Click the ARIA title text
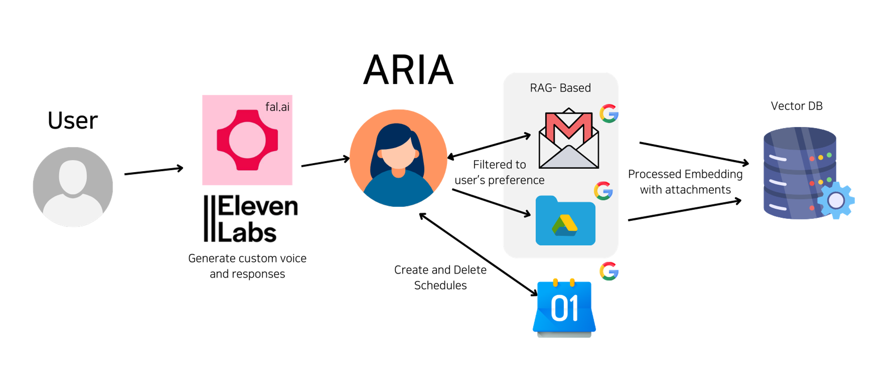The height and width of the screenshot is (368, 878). tap(408, 70)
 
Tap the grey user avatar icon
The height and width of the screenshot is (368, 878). tap(73, 187)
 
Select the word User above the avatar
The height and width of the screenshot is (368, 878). tap(73, 120)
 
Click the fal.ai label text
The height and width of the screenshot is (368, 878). tap(277, 107)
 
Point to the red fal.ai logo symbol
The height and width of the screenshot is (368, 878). tap(247, 140)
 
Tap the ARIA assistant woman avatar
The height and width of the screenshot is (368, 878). tap(398, 158)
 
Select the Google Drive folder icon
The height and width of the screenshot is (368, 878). tap(565, 221)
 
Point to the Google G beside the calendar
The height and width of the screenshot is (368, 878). tap(609, 271)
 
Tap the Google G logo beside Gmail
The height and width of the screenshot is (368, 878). tap(609, 113)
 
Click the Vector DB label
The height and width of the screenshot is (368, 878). tap(796, 106)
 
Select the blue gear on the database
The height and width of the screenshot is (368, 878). tap(836, 200)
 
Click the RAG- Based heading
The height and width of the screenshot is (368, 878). tap(560, 88)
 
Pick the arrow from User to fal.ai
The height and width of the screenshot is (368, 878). tap(154, 171)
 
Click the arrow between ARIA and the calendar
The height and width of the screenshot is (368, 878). tap(478, 254)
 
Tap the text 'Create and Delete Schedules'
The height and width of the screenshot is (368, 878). tap(440, 277)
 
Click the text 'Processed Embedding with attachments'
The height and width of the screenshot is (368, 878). tap(685, 182)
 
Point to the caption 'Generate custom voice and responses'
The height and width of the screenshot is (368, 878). tap(247, 266)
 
